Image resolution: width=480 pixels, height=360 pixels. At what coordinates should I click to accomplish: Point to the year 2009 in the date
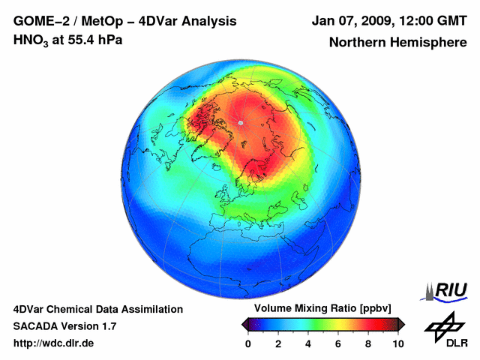point(370,20)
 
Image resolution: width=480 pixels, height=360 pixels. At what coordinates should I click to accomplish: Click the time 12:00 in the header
point(414,20)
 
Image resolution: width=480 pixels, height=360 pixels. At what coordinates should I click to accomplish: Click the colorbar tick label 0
point(248,343)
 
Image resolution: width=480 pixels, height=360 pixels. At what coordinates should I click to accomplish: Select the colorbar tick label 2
point(278,343)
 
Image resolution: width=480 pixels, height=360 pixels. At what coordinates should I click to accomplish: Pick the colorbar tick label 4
point(308,343)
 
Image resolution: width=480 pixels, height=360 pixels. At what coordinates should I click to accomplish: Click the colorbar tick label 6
point(338,343)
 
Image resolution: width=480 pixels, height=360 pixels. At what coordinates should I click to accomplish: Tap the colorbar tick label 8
point(368,343)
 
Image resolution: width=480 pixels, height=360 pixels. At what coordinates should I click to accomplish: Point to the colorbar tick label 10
point(397,343)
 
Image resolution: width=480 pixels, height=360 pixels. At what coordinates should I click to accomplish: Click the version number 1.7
point(106,326)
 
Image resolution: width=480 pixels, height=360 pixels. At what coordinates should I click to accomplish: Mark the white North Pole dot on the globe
point(240,122)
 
